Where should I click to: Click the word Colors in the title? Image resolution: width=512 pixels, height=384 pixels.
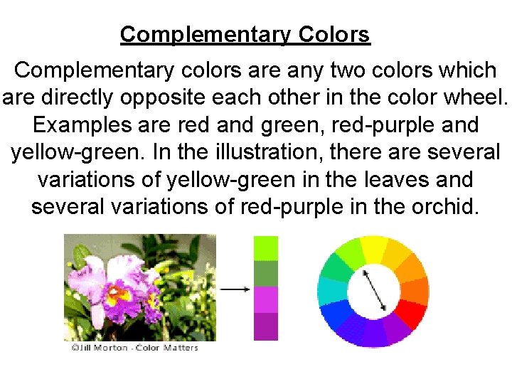334,34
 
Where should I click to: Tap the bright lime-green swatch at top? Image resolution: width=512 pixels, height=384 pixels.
266,248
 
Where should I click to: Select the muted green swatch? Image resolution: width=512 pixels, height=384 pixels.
266,274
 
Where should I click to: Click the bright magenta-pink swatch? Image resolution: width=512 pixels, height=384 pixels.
266,299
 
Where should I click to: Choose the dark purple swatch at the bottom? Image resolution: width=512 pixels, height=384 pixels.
266,326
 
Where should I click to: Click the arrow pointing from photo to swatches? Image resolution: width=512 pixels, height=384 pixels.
235,289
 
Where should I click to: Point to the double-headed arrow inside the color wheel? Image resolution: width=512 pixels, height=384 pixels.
375,289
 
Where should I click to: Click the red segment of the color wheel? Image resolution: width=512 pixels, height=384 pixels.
412,313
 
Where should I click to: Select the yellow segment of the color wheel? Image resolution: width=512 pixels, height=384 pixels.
373,248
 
